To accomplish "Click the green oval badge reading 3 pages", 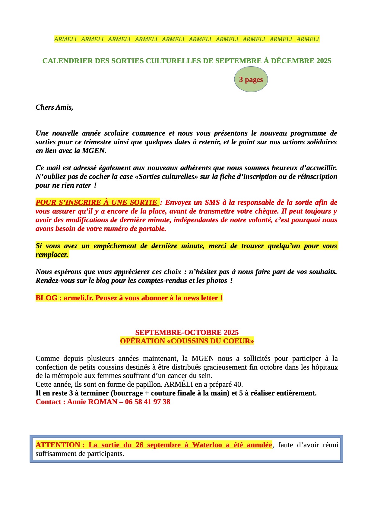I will (x=251, y=79).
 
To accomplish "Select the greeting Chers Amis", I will (x=54, y=107).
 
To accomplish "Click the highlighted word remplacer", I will (x=52, y=255).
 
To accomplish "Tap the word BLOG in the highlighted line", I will (x=46, y=298).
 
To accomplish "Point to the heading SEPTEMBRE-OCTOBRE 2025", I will (x=187, y=333).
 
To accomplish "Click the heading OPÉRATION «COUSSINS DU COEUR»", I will (x=187, y=341).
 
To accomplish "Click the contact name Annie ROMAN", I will (x=92, y=402).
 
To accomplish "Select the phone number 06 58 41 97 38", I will (x=147, y=402).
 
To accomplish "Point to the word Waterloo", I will (x=207, y=445).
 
